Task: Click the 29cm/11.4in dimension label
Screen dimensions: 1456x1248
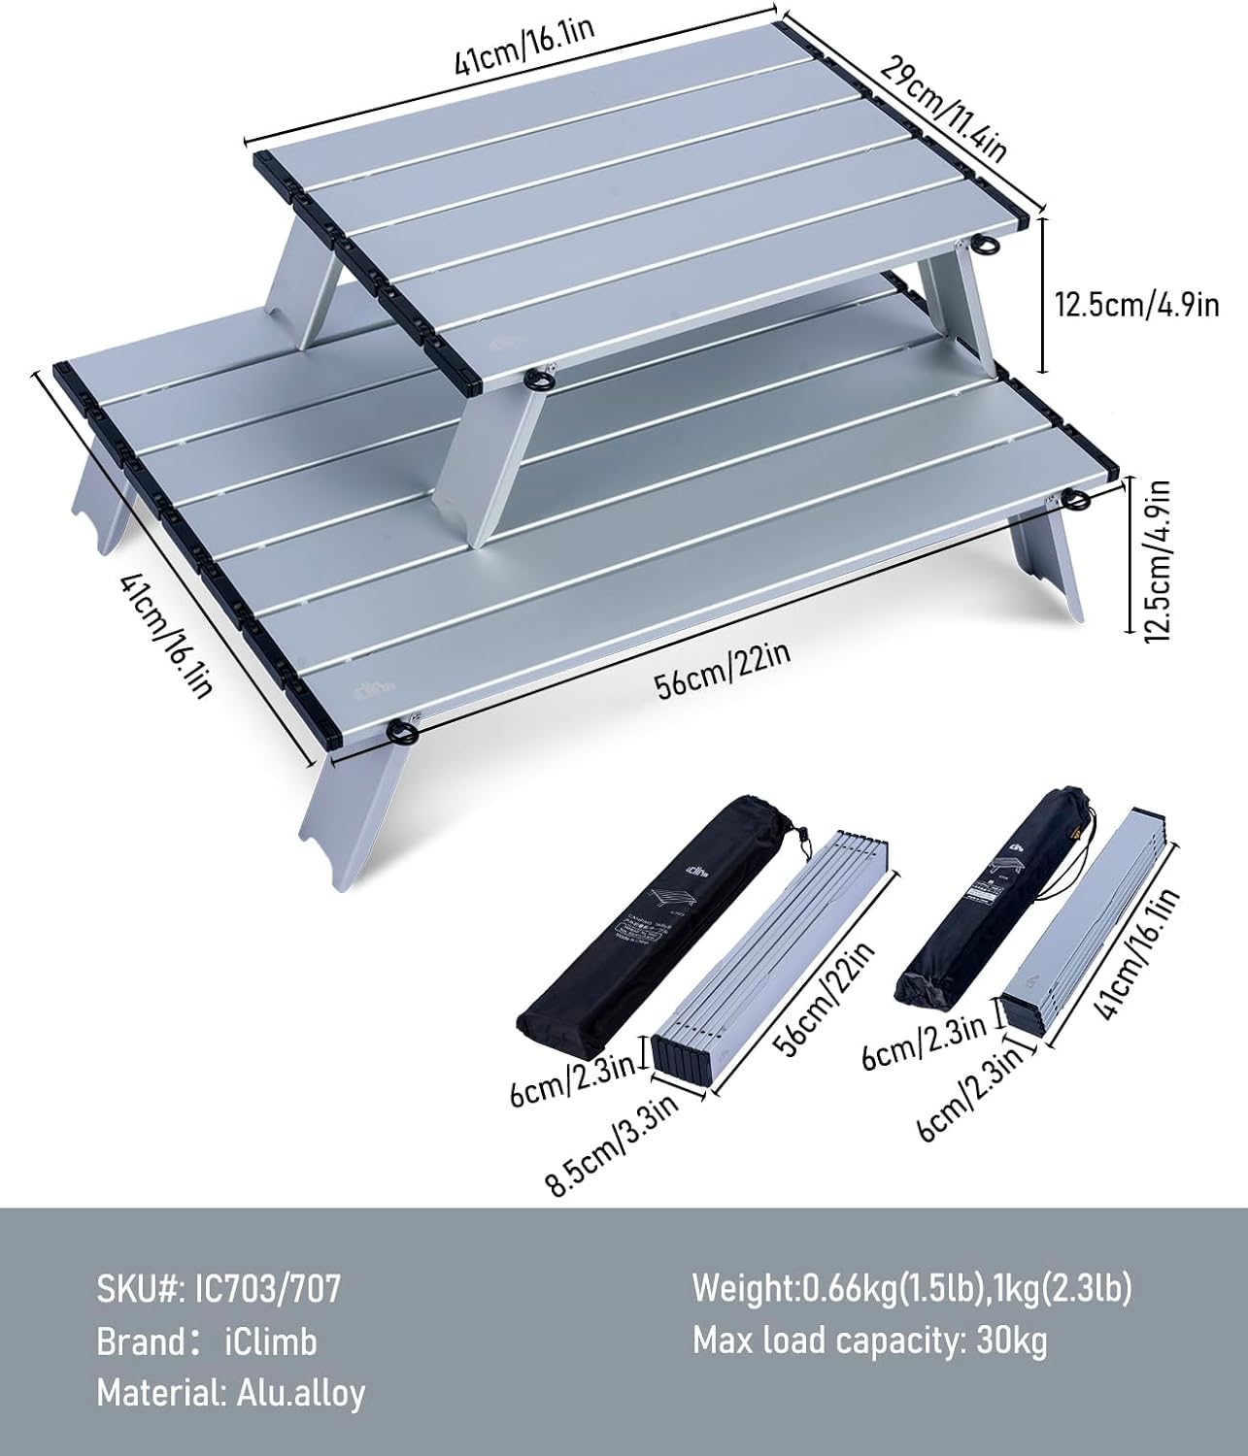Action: point(943,107)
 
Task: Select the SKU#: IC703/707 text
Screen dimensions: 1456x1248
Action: point(219,1290)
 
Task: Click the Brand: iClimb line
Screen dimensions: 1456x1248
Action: point(207,1341)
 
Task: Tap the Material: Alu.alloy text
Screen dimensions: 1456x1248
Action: point(231,1393)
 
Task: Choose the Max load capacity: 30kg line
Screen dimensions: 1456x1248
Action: point(870,1341)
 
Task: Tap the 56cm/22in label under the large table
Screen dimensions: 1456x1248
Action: point(723,670)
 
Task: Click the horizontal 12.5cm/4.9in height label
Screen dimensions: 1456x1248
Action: point(1136,306)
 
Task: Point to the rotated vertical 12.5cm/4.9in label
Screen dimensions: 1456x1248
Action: point(1157,558)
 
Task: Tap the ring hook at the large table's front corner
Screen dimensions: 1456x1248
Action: point(399,730)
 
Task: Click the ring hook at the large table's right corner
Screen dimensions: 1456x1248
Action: point(1076,500)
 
